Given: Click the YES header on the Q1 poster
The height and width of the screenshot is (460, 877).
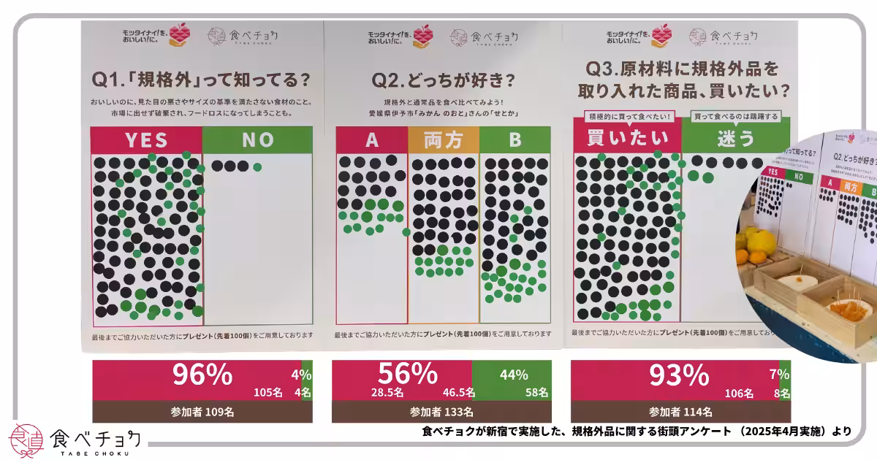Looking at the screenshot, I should point(146,139).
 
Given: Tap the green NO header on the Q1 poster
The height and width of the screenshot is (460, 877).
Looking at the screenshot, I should point(257,139).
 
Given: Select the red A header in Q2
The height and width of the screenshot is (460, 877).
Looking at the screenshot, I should point(371,140).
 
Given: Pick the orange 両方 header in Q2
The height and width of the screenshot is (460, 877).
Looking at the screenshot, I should point(443,140).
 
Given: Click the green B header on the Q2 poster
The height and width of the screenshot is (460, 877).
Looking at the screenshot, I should point(515,140).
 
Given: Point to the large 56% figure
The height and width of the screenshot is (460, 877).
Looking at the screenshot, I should point(408,374).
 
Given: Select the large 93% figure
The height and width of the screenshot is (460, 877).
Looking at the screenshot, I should point(679,375).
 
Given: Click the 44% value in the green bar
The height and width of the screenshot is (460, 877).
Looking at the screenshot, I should point(514,375).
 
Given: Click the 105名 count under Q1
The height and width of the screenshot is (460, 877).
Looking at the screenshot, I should point(267,393).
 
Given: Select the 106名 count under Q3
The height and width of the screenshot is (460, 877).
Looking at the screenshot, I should point(739,393).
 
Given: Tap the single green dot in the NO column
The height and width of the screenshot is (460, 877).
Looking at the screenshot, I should point(257,167).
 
